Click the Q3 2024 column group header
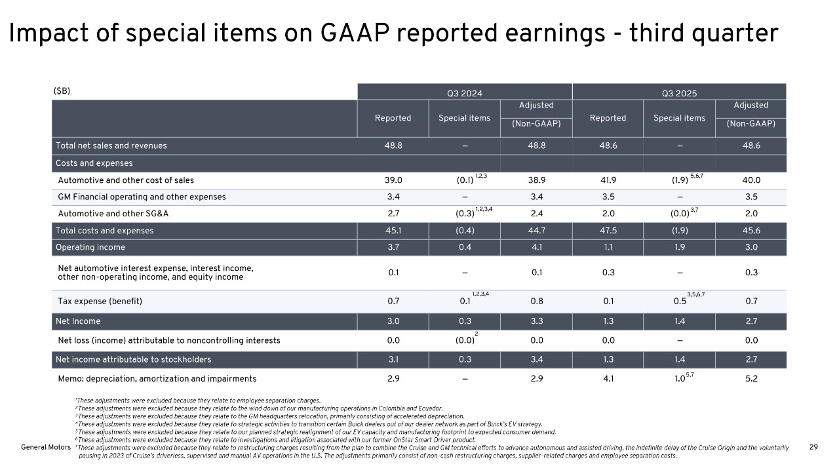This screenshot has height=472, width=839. pos(464,93)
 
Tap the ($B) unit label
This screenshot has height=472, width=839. pos(62,91)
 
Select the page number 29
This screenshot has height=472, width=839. pos(813,446)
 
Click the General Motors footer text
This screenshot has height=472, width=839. pos(41,446)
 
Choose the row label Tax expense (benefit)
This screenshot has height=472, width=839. pos(100,302)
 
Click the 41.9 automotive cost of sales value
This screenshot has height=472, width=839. pos(608,180)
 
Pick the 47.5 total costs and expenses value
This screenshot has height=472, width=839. pos(608,230)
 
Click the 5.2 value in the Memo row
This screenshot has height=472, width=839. pos(751,378)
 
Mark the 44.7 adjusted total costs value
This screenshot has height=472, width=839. pos(536,230)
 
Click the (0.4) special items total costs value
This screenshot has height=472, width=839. pos(464,230)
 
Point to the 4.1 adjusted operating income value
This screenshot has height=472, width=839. pos(536,247)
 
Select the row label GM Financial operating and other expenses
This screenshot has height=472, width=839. pos(142,197)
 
